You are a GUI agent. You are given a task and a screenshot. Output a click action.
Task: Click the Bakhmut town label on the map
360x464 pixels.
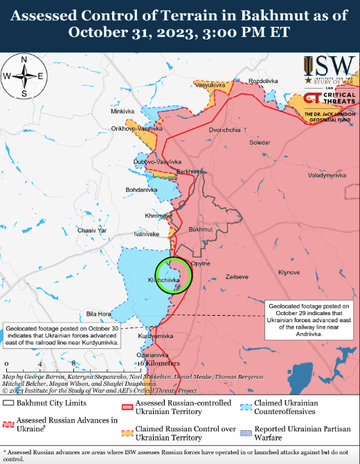click(201, 229)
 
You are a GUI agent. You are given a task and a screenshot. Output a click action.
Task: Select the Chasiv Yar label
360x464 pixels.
click(92, 230)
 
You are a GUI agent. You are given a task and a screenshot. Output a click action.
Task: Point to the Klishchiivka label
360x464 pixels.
click(164, 280)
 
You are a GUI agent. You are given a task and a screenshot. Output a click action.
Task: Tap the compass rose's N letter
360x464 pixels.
click(24, 60)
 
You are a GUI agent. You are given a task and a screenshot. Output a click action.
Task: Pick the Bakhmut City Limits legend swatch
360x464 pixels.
click(8, 402)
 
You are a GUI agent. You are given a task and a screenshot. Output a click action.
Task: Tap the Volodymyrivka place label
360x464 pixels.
click(326, 176)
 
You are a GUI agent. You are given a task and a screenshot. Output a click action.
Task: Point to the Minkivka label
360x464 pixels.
click(122, 111)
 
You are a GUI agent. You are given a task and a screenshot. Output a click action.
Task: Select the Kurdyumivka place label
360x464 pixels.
click(155, 335)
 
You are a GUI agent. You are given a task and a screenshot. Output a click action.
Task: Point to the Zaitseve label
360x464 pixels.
click(237, 277)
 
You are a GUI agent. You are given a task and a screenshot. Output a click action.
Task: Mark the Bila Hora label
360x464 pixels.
click(98, 314)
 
